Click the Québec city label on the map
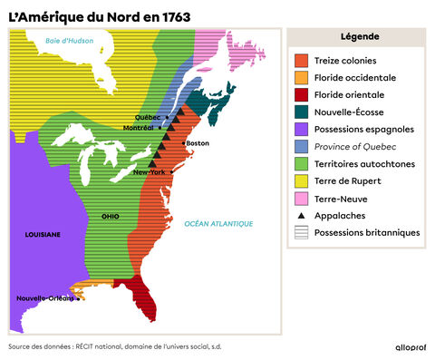[148, 117]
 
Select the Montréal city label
[140, 128]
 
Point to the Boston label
[198, 143]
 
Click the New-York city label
[150, 172]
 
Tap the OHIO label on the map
[111, 217]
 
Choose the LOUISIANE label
[43, 234]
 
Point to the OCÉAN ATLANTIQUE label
[218, 223]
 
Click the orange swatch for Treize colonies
[302, 61]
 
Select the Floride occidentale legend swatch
[302, 78]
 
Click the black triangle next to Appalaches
[302, 216]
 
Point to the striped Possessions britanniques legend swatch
[302, 233]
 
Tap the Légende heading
[360, 37]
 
